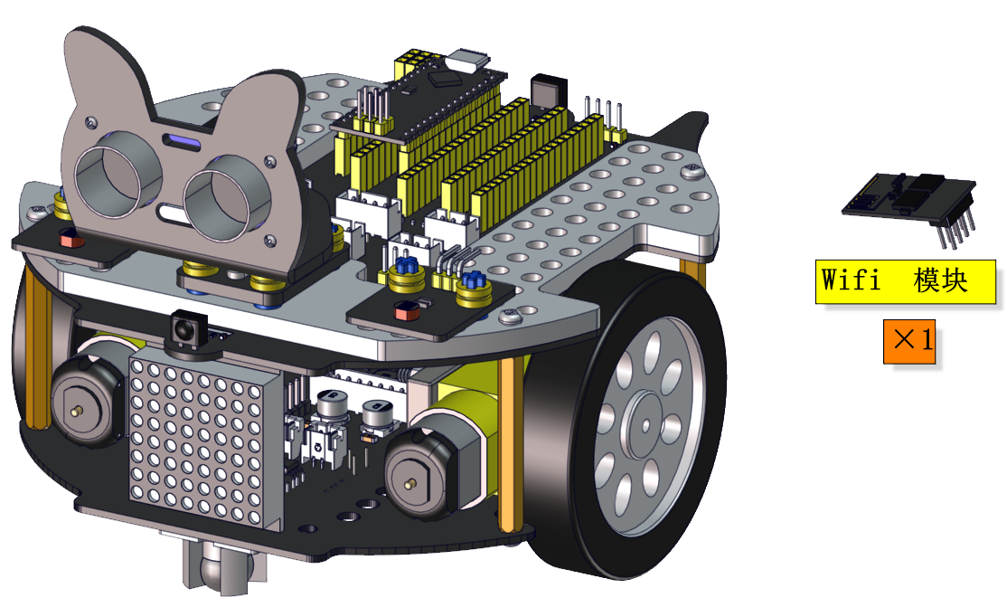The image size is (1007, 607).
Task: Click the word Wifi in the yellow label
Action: coord(851,280)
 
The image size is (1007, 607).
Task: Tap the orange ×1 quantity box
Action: coord(908,341)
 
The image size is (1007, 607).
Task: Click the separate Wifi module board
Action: coord(908,197)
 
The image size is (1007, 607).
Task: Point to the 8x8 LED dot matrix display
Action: coord(204,437)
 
